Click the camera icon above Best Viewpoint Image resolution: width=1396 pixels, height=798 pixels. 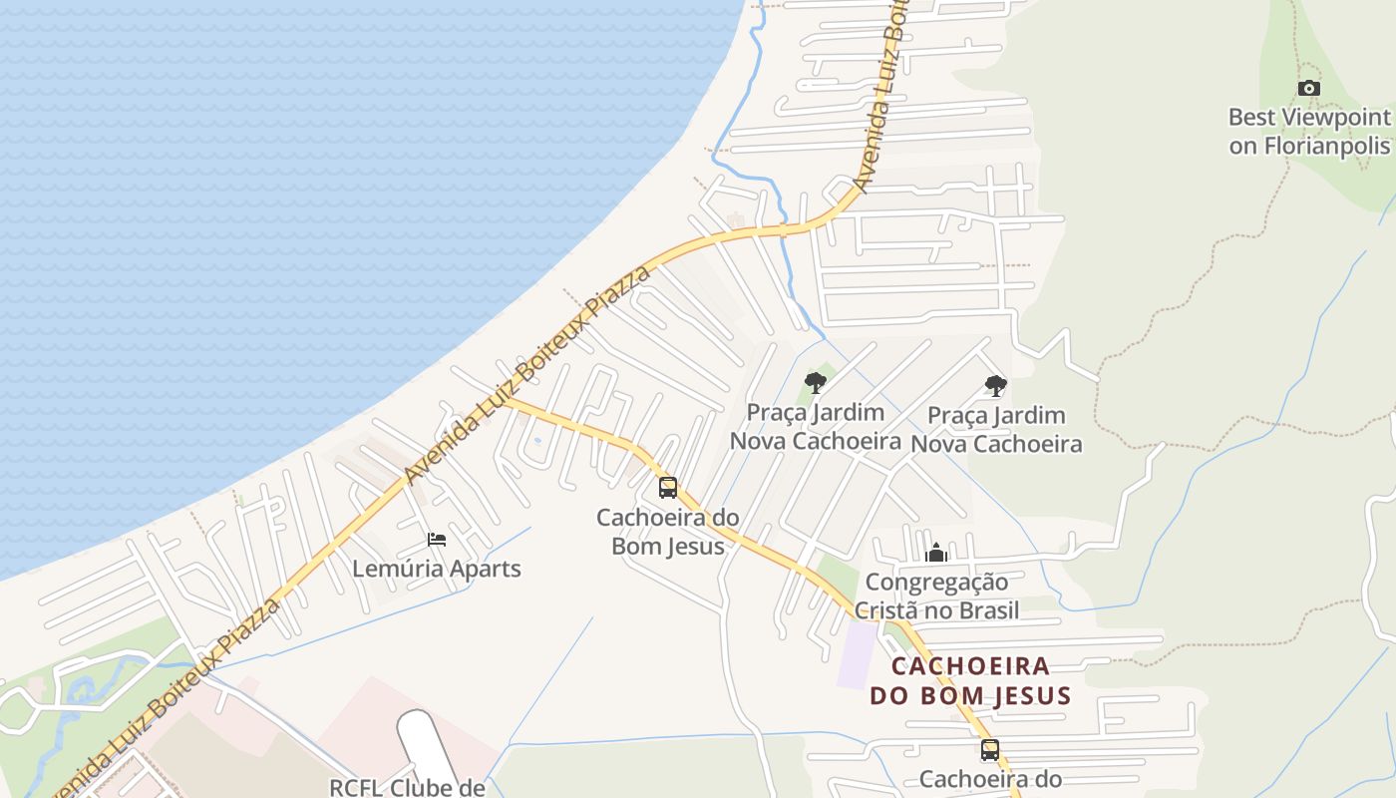[x=1309, y=89]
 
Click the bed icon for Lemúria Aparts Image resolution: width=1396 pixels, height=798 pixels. [x=437, y=540]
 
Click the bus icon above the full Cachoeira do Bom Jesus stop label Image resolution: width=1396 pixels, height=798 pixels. [x=668, y=488]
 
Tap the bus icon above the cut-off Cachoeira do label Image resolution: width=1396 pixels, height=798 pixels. [x=989, y=750]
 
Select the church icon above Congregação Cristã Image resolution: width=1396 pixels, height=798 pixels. [x=936, y=553]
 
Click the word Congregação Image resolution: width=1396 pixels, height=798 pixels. [x=936, y=583]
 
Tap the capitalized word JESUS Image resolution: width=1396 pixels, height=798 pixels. [x=1031, y=695]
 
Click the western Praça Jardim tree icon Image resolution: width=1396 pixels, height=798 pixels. [x=816, y=382]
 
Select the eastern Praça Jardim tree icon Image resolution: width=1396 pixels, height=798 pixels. [x=995, y=385]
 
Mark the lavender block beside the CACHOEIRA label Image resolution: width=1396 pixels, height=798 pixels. [x=857, y=653]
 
